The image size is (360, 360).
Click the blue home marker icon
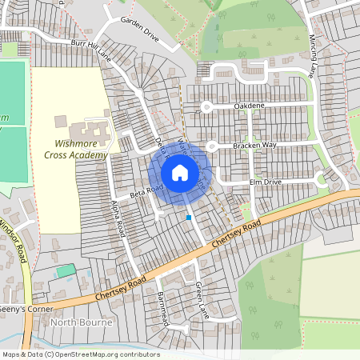pyautogui.click(x=180, y=172)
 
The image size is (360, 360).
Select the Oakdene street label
pyautogui.click(x=250, y=105)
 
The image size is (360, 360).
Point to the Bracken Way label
pyautogui.click(x=254, y=145)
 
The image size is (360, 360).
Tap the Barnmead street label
pyautogui.click(x=162, y=306)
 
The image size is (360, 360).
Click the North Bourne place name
pyautogui.click(x=82, y=322)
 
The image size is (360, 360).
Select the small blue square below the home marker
pyautogui.click(x=189, y=217)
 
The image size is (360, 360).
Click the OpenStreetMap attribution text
pyautogui.click(x=81, y=354)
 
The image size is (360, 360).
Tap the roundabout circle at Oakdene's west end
pyautogui.click(x=206, y=106)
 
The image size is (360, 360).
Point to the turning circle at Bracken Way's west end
pyautogui.click(x=212, y=146)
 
